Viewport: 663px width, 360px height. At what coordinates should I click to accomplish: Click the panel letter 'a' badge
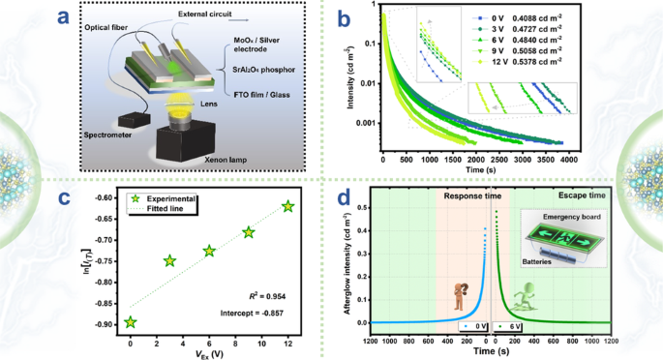tap(87, 16)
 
